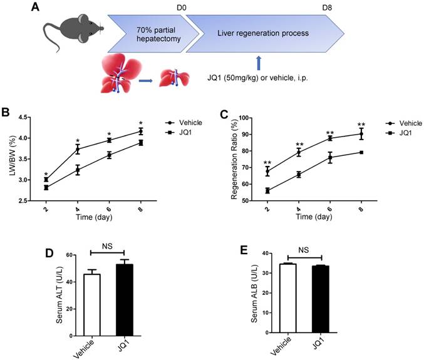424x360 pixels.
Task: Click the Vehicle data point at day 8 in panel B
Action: coord(141,131)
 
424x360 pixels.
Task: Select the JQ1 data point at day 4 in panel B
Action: coord(78,170)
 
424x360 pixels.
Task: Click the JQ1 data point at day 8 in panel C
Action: coord(361,152)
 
